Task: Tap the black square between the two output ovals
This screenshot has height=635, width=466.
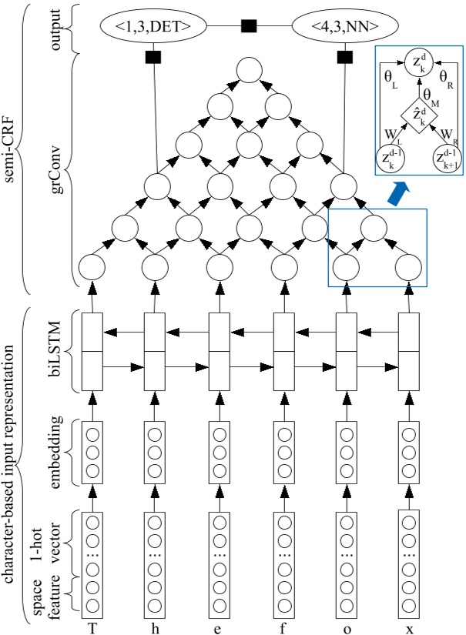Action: click(249, 26)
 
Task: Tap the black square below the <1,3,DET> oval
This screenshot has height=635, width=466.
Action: click(153, 57)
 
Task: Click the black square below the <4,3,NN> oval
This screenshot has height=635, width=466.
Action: click(344, 57)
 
